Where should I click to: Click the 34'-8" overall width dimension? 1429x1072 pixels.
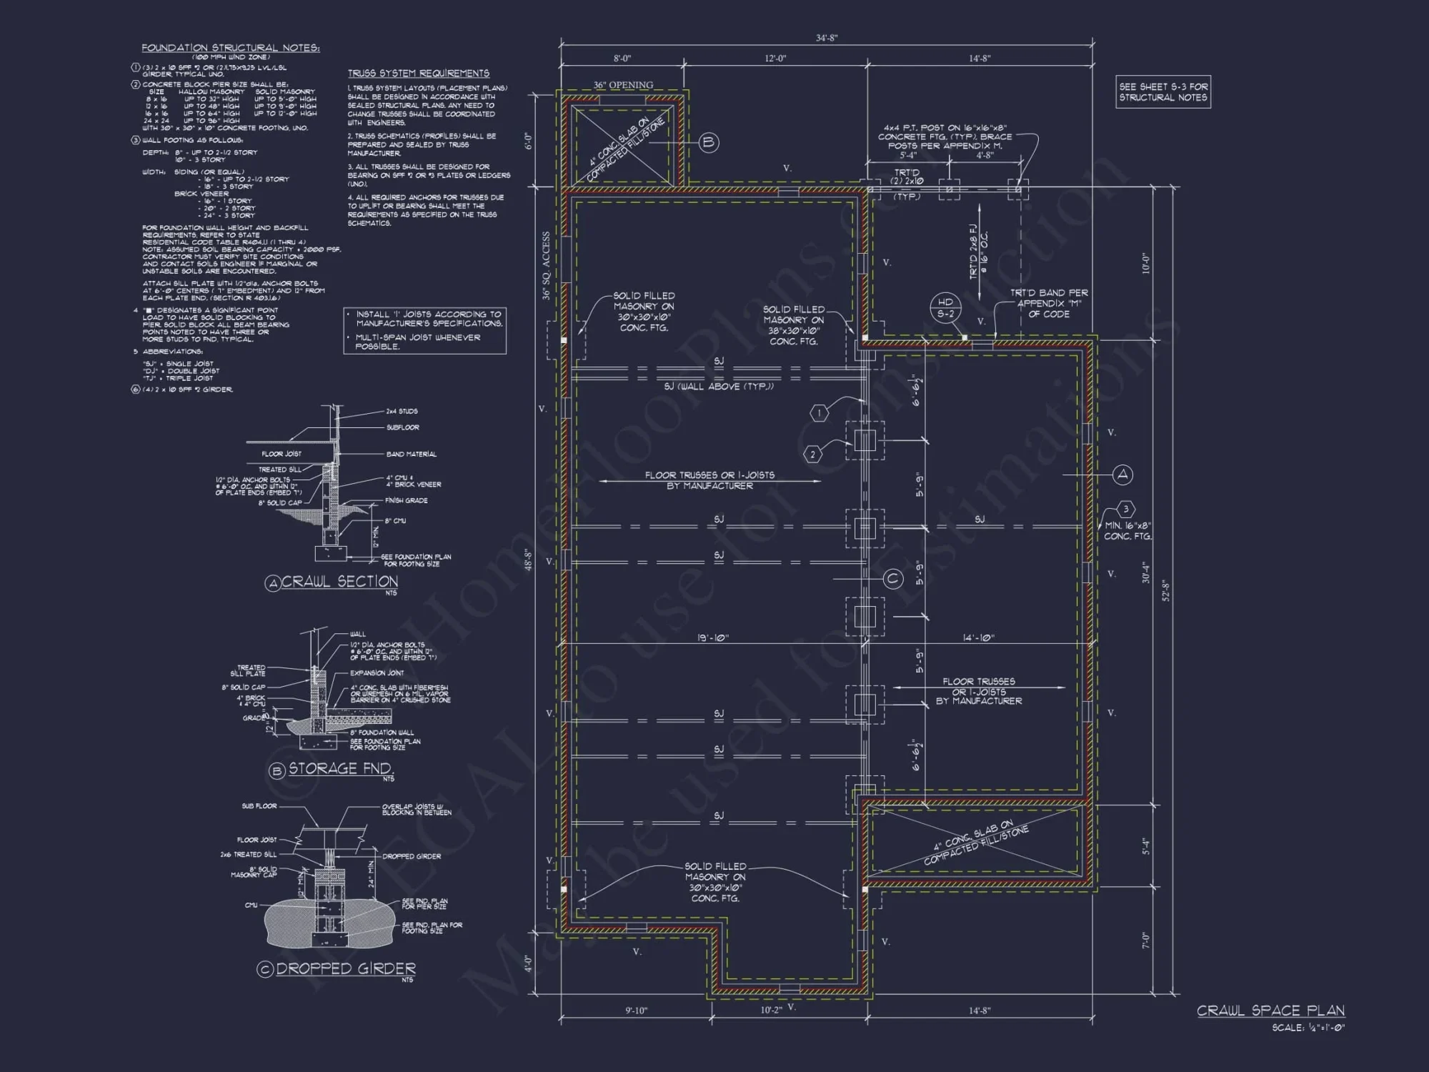coord(826,38)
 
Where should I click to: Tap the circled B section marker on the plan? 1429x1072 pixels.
coord(708,142)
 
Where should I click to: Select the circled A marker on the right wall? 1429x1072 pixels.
coord(1122,475)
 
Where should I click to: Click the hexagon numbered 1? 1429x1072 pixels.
coord(819,412)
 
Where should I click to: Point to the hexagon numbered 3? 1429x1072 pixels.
coord(1125,510)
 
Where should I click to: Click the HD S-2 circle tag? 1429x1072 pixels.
coord(945,308)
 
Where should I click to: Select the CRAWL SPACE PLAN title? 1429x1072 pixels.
coord(1270,1011)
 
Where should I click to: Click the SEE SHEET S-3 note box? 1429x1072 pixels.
coord(1163,91)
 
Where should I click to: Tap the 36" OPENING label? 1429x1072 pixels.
coord(623,85)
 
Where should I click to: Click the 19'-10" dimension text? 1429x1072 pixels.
coord(712,638)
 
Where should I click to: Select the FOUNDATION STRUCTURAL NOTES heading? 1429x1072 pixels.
coord(230,48)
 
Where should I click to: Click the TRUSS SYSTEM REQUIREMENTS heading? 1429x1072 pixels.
coord(418,74)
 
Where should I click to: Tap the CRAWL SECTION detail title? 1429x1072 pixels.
coord(339,582)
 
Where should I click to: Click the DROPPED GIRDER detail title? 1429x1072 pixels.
coord(345,968)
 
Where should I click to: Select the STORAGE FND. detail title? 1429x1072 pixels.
coord(340,769)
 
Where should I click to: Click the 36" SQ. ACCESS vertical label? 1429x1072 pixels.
coord(547,265)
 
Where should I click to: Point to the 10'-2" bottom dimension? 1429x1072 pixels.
coord(770,1010)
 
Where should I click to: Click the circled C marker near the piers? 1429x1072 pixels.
coord(893,579)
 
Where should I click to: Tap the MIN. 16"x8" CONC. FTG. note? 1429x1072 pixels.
coord(1127,530)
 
